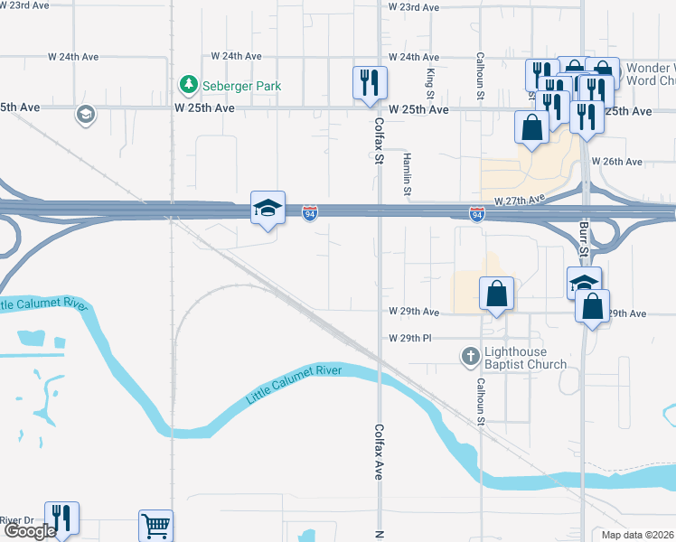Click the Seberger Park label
(241, 87)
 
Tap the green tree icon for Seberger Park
(188, 85)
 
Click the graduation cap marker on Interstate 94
(268, 209)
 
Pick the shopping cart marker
(155, 526)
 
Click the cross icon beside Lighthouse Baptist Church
(470, 357)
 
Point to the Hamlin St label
(408, 173)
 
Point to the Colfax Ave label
(380, 452)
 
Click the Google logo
(29, 531)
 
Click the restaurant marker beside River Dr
(61, 519)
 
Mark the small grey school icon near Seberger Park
(85, 115)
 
